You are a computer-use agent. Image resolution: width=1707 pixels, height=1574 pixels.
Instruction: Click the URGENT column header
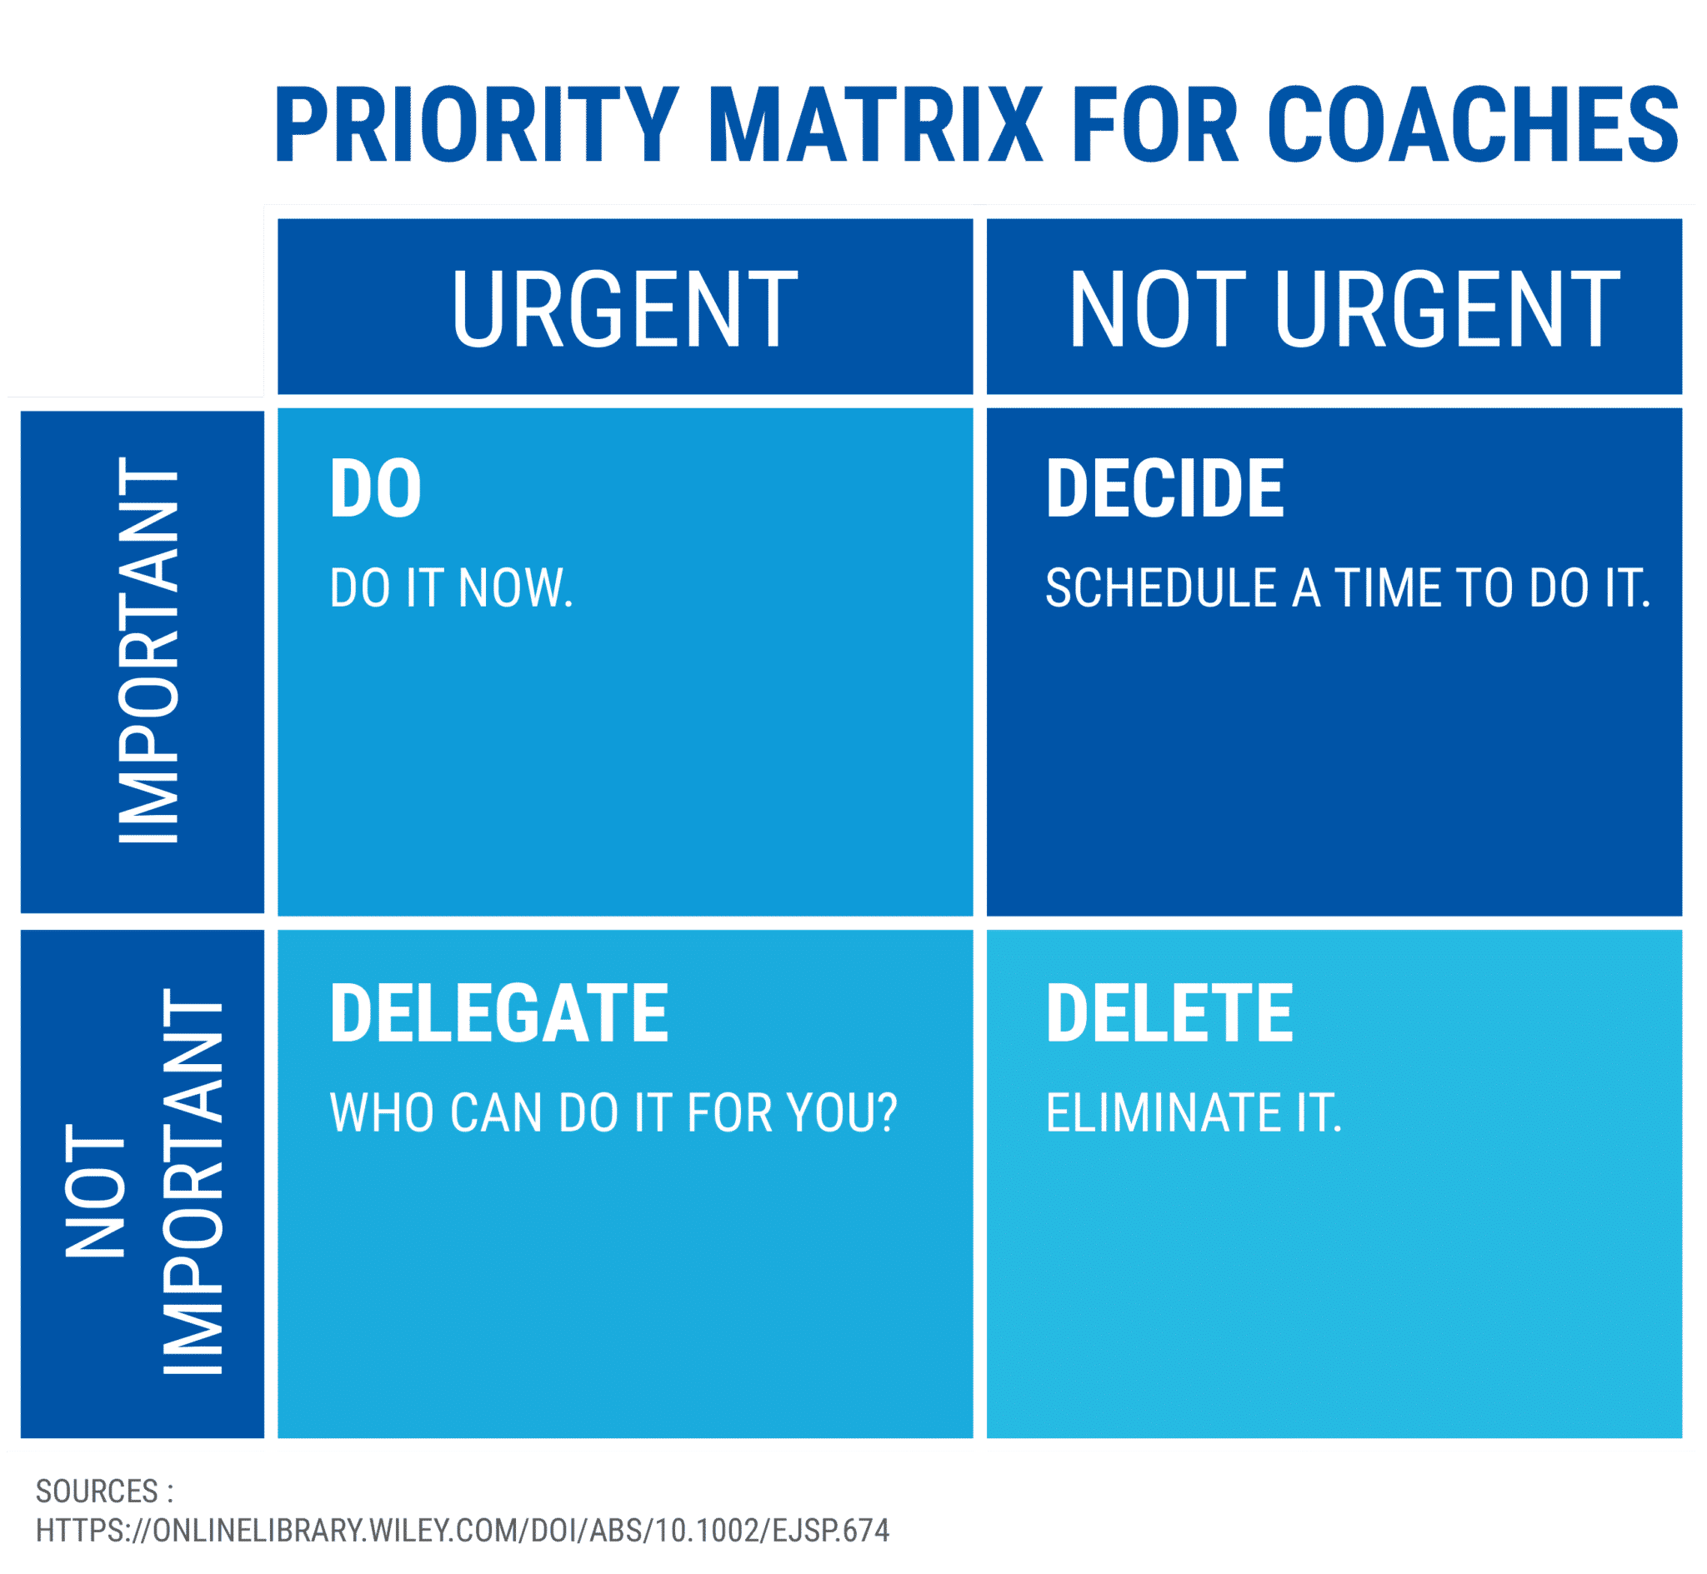point(624,308)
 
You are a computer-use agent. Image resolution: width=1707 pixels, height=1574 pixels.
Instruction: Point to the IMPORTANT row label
point(148,650)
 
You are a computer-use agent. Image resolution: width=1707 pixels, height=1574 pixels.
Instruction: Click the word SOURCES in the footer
point(98,1492)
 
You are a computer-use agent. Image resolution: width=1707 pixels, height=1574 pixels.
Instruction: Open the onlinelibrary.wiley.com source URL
point(463,1531)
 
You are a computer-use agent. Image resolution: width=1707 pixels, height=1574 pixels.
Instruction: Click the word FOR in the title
point(1155,125)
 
